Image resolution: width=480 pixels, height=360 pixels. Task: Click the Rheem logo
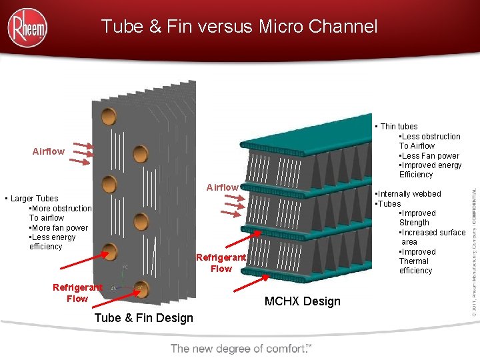tap(27, 27)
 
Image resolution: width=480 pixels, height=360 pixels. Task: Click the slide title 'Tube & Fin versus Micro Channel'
tap(239, 27)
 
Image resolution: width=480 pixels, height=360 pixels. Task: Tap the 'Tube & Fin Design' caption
tap(143, 318)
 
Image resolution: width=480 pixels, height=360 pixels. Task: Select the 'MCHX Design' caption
tap(302, 301)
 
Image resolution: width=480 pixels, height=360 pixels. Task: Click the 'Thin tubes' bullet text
tap(398, 127)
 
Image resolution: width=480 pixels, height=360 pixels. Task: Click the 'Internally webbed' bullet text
tap(410, 194)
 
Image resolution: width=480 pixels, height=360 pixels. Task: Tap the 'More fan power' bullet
tap(59, 228)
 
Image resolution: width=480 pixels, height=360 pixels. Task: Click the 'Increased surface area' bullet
tap(432, 237)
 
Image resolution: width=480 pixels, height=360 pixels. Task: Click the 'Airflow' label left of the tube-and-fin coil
tap(49, 151)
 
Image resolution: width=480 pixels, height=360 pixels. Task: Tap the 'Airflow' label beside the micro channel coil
tap(222, 187)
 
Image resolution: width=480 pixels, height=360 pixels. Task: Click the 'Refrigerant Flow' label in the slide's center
tap(221, 263)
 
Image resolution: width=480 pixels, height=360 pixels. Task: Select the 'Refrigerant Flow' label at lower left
tap(77, 293)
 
